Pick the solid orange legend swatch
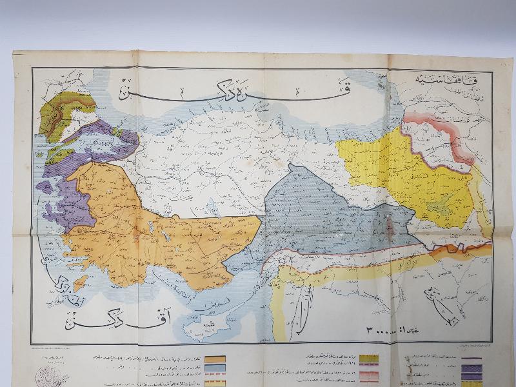216,360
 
